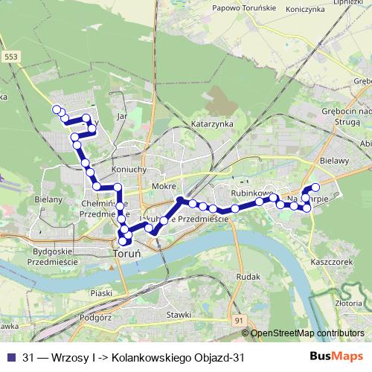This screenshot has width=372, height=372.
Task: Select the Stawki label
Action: tap(180, 315)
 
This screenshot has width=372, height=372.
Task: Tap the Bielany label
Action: tap(48, 200)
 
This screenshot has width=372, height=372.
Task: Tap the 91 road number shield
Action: tap(238, 320)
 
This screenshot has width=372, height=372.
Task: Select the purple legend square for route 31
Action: tap(11, 358)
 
